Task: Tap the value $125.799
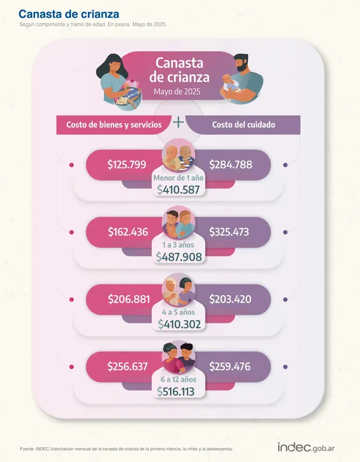pos(127,164)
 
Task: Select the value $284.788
pos(230,164)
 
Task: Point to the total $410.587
pos(178,190)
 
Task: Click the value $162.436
pos(127,232)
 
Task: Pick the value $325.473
pos(230,232)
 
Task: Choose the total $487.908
pos(178,257)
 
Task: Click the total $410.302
pos(178,323)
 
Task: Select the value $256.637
pos(127,367)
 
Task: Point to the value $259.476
pos(230,367)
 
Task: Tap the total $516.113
pos(178,391)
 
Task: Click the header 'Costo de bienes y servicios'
pos(114,124)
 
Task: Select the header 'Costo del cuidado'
pos(244,124)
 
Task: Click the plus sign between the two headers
pos(178,123)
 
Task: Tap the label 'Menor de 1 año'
pos(178,178)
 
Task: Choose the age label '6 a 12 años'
pos(178,379)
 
